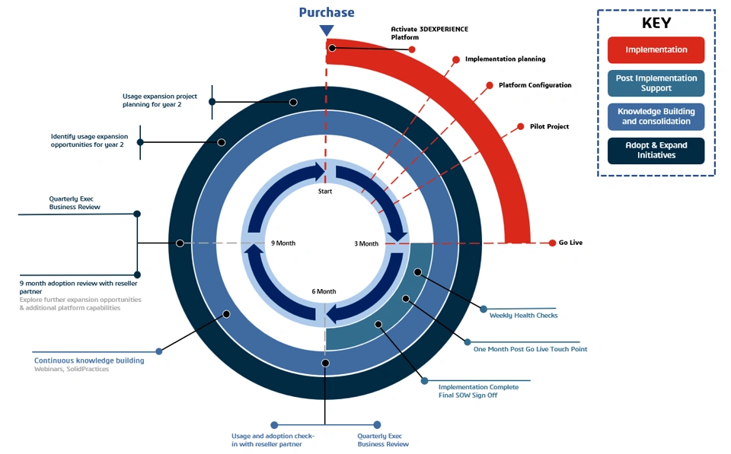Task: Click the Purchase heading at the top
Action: pyautogui.click(x=326, y=12)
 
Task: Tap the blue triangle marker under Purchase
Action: pyautogui.click(x=327, y=30)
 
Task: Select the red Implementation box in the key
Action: pyautogui.click(x=656, y=50)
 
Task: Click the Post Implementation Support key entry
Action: pyautogui.click(x=656, y=83)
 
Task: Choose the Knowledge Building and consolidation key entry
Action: pyautogui.click(x=656, y=116)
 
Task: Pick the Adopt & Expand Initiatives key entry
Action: pyautogui.click(x=656, y=150)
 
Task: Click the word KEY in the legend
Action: pyautogui.click(x=656, y=23)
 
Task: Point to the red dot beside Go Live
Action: pyautogui.click(x=553, y=243)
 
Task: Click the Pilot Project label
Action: pyautogui.click(x=549, y=126)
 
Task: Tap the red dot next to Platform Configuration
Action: pyautogui.click(x=490, y=86)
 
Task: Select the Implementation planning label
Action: pyautogui.click(x=505, y=59)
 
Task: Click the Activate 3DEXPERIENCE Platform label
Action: pyautogui.click(x=429, y=33)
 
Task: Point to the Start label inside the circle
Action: pyautogui.click(x=325, y=192)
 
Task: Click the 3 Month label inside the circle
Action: pyautogui.click(x=366, y=244)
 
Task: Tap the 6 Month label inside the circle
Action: pyautogui.click(x=324, y=291)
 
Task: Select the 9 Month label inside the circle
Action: pyautogui.click(x=283, y=243)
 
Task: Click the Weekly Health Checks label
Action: pyautogui.click(x=523, y=316)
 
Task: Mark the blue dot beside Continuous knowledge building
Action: pyautogui.click(x=159, y=351)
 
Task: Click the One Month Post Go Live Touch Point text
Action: pyautogui.click(x=530, y=349)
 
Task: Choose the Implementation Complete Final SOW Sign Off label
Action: pyautogui.click(x=478, y=391)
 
